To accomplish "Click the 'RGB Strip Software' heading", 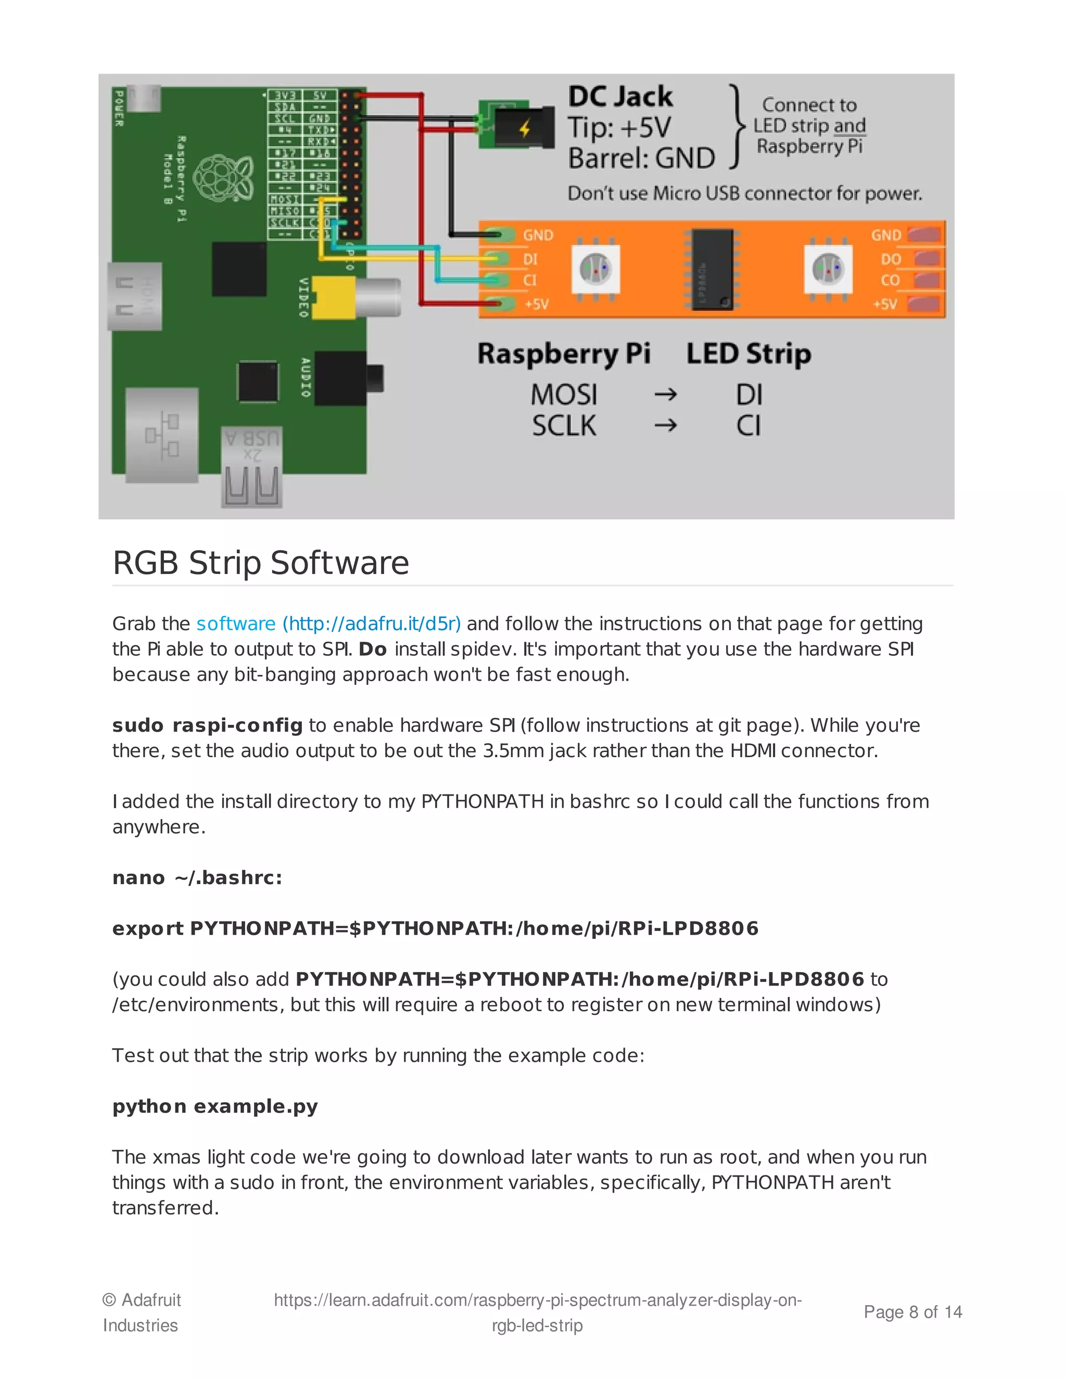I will (260, 563).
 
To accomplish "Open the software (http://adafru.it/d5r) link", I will (328, 624).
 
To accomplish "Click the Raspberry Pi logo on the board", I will (223, 178).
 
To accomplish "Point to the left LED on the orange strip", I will (595, 270).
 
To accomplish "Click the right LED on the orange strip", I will (828, 270).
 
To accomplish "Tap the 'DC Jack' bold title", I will (620, 97).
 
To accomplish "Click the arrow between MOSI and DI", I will (665, 395).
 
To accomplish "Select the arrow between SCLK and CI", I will (665, 426).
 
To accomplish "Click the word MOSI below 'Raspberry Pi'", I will (563, 395).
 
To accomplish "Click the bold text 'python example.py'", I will (215, 1106).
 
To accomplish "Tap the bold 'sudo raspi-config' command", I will (207, 725).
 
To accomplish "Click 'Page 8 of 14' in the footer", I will (912, 1312).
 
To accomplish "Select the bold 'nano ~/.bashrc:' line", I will (197, 878).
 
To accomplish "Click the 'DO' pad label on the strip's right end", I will (891, 259).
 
